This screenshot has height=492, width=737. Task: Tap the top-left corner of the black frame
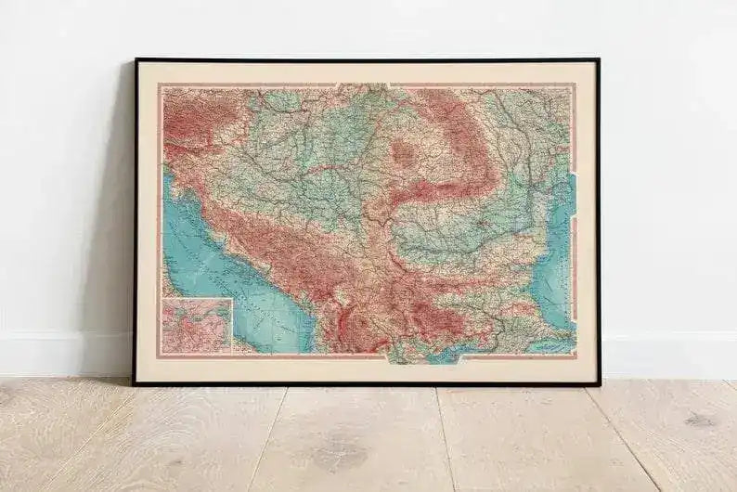coord(136,61)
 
